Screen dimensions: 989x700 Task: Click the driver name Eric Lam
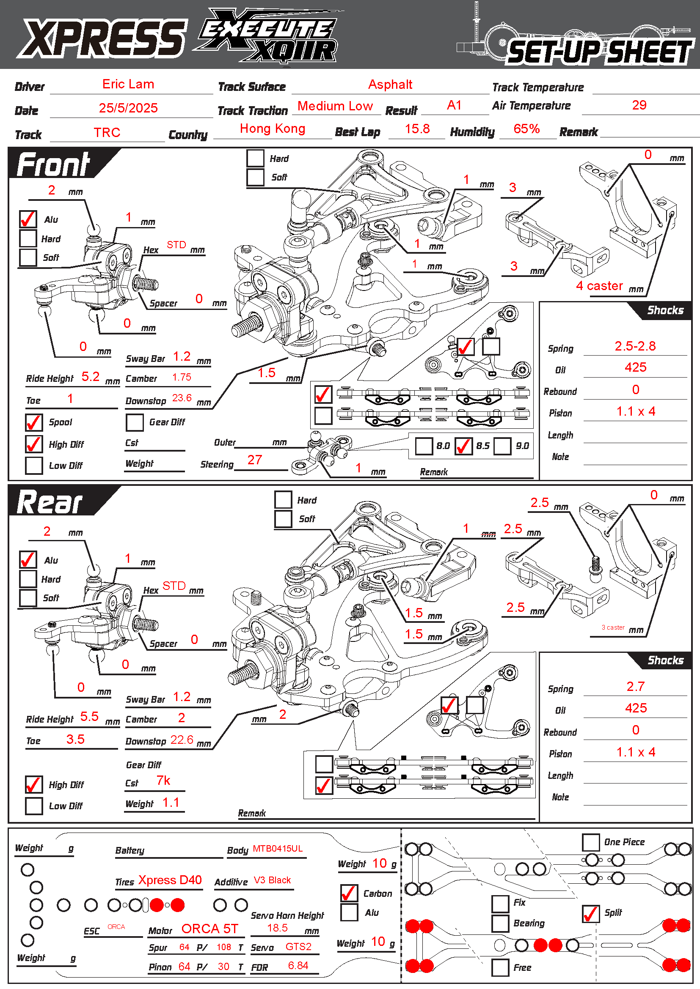pyautogui.click(x=128, y=85)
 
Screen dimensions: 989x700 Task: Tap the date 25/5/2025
pyautogui.click(x=128, y=108)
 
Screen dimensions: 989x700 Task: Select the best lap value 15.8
pyautogui.click(x=417, y=129)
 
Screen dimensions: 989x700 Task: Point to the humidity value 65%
pyautogui.click(x=526, y=129)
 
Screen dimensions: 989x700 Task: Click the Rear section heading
pyautogui.click(x=50, y=502)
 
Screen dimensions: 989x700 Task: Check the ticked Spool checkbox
pyautogui.click(x=33, y=422)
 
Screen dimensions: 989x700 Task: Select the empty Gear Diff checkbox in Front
pyautogui.click(x=135, y=422)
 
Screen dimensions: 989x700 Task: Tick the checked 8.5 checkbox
pyautogui.click(x=463, y=446)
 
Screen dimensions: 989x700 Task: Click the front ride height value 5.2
pyautogui.click(x=91, y=377)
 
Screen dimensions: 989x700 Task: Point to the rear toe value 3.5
pyautogui.click(x=75, y=740)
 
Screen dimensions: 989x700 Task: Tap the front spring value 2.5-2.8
pyautogui.click(x=635, y=346)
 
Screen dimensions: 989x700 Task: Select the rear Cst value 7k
pyautogui.click(x=163, y=781)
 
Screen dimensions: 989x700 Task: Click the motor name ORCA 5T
pyautogui.click(x=209, y=929)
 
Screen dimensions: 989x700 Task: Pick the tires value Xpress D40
pyautogui.click(x=170, y=880)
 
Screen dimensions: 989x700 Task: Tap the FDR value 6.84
pyautogui.click(x=298, y=966)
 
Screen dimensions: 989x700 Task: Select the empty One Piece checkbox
pyautogui.click(x=590, y=842)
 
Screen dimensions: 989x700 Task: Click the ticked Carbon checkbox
pyautogui.click(x=349, y=893)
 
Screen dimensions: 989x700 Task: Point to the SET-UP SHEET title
pyautogui.click(x=600, y=52)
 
